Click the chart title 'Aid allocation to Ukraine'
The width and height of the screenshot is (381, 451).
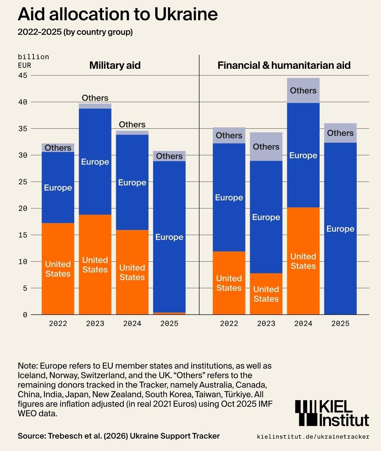[x=117, y=14]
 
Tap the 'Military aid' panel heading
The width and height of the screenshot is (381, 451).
[x=115, y=65]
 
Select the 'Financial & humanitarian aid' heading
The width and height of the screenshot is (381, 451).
[x=284, y=65]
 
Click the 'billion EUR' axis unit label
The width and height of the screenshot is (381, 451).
[x=33, y=61]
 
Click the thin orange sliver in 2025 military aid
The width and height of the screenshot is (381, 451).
[x=169, y=313]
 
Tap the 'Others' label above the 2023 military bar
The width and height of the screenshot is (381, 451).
[x=95, y=98]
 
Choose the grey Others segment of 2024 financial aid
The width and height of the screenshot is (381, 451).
[x=303, y=91]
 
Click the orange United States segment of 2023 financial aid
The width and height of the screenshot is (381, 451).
[x=266, y=294]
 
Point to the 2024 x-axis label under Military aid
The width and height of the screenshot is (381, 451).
[x=132, y=323]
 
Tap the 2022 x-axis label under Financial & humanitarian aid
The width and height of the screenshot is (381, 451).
[x=229, y=323]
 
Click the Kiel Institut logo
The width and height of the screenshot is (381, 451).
[x=332, y=413]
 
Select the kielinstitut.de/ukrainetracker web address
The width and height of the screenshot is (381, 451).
[x=313, y=437]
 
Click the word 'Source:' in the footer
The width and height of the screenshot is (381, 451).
[x=31, y=436]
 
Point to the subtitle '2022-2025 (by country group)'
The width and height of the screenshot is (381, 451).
[x=75, y=32]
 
